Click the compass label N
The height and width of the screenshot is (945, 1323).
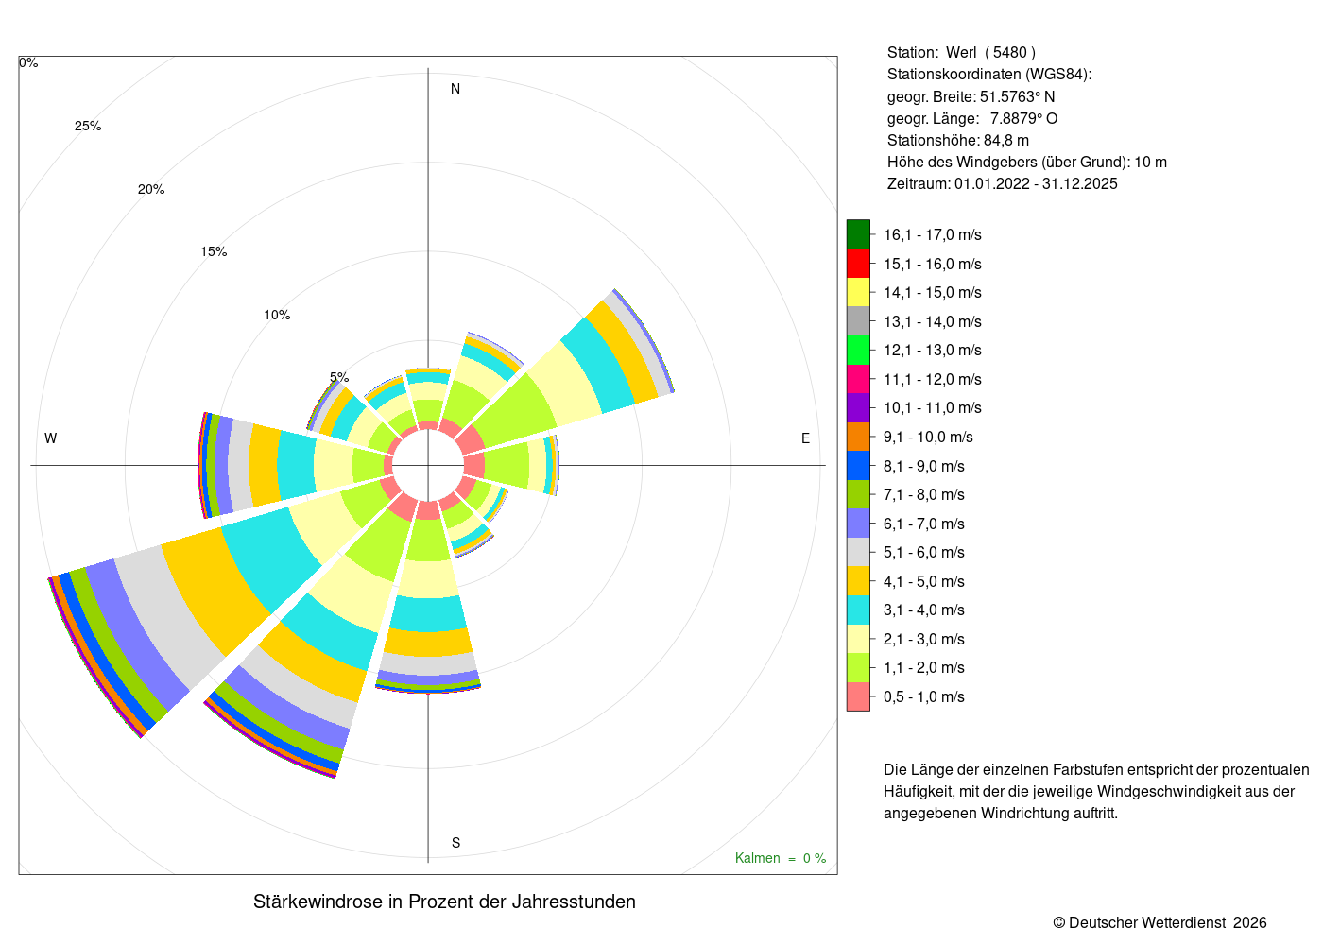click(x=455, y=89)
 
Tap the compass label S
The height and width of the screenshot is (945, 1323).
click(x=455, y=842)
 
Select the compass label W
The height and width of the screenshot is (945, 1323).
click(x=51, y=438)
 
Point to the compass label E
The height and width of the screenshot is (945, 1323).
click(x=805, y=438)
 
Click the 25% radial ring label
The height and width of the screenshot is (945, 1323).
click(x=88, y=126)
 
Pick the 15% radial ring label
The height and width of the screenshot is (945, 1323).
click(x=214, y=251)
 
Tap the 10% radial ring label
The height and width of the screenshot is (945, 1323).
click(x=277, y=315)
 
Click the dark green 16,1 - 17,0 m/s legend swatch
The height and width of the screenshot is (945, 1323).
click(x=858, y=234)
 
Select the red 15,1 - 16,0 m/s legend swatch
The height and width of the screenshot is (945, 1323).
click(x=858, y=264)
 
